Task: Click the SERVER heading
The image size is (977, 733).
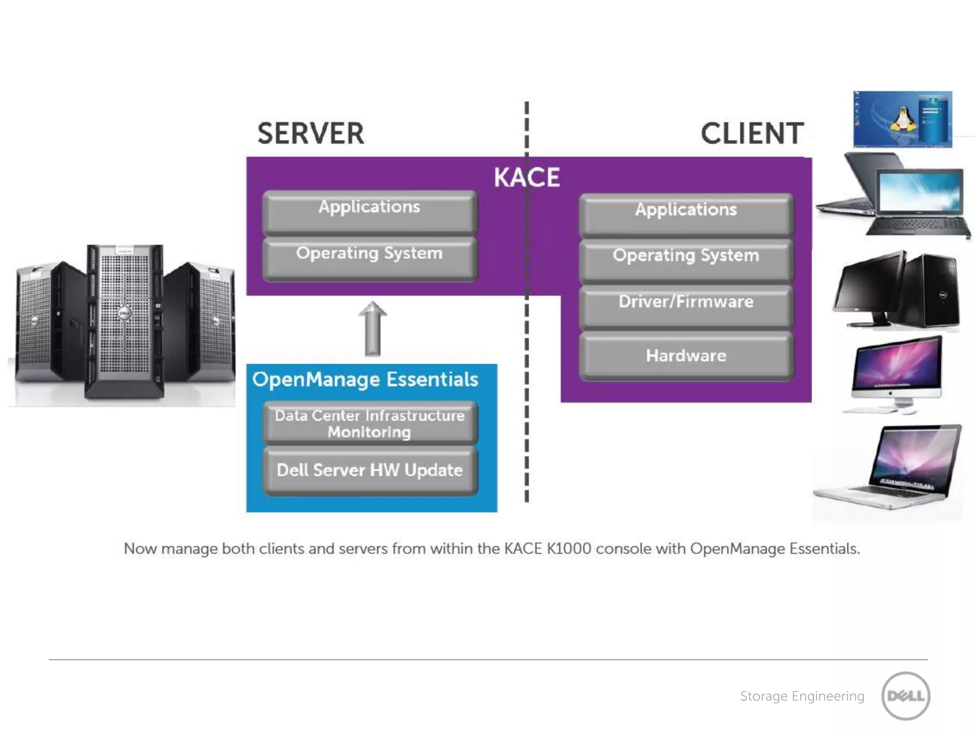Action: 311,133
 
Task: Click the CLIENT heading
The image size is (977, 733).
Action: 752,133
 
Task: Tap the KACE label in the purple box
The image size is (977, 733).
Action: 526,178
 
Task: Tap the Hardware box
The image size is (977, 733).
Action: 686,356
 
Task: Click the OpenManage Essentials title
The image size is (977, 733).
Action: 365,380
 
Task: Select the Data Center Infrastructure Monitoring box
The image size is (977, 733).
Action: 370,423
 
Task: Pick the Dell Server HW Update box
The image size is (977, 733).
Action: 370,471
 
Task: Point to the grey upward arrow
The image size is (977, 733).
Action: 373,329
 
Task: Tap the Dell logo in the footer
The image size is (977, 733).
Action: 905,696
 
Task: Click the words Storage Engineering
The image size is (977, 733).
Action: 802,696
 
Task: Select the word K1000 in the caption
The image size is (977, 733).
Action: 569,549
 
